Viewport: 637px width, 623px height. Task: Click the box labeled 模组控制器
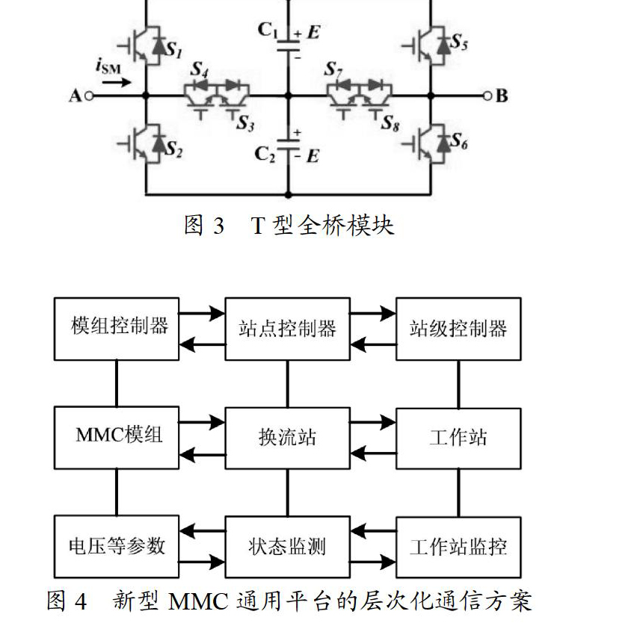pos(117,329)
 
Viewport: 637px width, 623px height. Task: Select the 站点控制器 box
pos(288,329)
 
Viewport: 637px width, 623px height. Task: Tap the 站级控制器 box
pos(458,329)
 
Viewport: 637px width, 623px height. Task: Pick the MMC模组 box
pos(117,438)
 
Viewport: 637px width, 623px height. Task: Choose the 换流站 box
pos(288,438)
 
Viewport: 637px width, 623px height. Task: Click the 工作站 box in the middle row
pos(458,438)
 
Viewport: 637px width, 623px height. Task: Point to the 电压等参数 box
pos(117,547)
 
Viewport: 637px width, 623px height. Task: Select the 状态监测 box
pos(288,547)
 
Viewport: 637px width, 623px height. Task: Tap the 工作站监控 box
pos(458,547)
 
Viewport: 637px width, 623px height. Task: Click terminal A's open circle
pos(90,96)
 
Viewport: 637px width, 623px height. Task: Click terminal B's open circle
pos(487,96)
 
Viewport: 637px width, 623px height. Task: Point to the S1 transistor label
pos(173,49)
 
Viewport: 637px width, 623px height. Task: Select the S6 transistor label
pos(459,140)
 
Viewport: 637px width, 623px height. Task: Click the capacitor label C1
pos(268,30)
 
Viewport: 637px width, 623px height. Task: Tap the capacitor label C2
pos(265,154)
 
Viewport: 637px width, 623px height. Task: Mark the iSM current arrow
pos(117,83)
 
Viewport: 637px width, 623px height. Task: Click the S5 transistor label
pos(459,41)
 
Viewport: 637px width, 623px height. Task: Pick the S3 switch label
pos(246,123)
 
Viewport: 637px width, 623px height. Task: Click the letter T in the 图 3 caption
pos(259,226)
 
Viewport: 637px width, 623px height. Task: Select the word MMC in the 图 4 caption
pos(198,601)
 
